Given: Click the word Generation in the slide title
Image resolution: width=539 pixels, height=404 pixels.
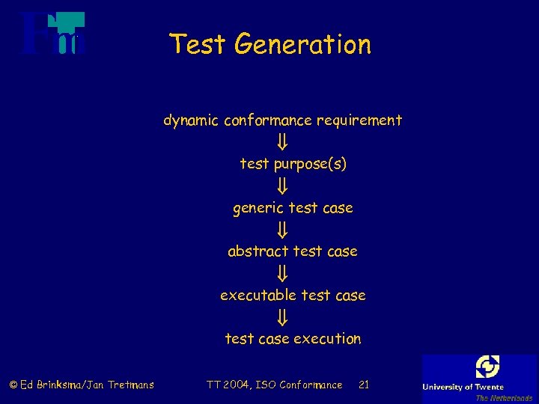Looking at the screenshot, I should click(x=302, y=45).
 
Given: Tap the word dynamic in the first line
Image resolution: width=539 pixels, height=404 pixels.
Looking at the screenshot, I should click(x=191, y=120).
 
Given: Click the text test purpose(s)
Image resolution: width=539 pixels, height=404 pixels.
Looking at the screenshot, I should click(x=293, y=164).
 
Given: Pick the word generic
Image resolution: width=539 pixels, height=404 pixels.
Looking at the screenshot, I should click(x=258, y=208).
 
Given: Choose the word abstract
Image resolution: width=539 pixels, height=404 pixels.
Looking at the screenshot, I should click(x=261, y=251).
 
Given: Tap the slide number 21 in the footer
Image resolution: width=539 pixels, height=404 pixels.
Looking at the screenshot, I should click(x=364, y=385).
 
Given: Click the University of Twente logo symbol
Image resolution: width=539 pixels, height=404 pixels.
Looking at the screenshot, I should click(x=487, y=367).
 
